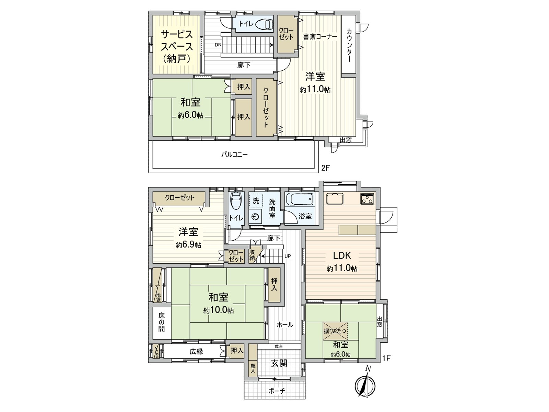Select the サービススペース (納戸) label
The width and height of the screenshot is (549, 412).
176,46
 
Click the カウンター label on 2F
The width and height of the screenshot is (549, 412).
349,45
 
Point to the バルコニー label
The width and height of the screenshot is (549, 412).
234,154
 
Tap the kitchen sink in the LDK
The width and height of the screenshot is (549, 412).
335,199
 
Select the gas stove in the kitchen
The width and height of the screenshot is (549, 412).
367,199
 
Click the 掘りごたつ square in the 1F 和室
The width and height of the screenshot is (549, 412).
335,331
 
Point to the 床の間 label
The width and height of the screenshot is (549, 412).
161,322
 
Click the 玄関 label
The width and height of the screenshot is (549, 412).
279,363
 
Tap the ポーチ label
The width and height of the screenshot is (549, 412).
277,391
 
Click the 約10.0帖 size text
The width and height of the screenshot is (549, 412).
219,310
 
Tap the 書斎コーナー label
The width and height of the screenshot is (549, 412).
319,36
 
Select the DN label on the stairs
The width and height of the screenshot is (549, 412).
218,45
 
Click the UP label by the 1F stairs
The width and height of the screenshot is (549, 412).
288,256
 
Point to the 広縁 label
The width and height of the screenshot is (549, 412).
197,351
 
